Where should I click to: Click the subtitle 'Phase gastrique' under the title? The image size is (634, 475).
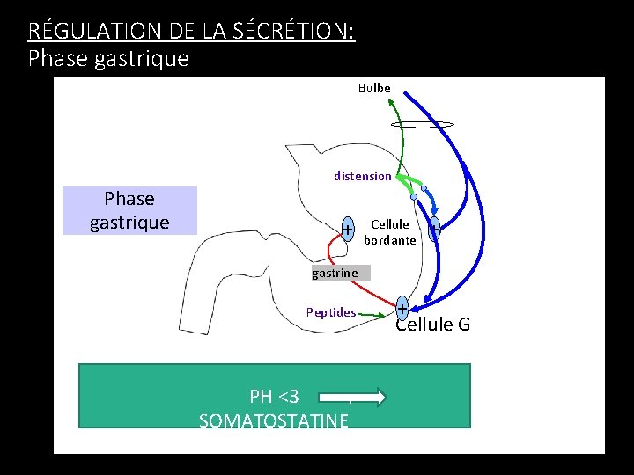pos(108,59)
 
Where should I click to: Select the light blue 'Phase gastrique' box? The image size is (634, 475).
pos(129,210)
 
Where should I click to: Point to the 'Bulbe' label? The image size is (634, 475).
pos(374,88)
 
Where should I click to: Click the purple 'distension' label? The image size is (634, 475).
pos(362,176)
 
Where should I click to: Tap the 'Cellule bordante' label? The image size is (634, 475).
pos(389,232)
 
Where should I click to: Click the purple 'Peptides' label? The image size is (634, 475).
pos(331,312)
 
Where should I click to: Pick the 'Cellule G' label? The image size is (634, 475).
pos(432,325)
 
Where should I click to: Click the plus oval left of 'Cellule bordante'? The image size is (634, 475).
pos(349,230)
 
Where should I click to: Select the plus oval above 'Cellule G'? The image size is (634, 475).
pos(402,308)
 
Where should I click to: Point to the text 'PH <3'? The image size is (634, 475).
pos(274,397)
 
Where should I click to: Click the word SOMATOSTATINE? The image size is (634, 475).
pos(274,420)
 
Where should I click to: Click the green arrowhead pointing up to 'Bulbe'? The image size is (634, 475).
pos(392,102)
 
